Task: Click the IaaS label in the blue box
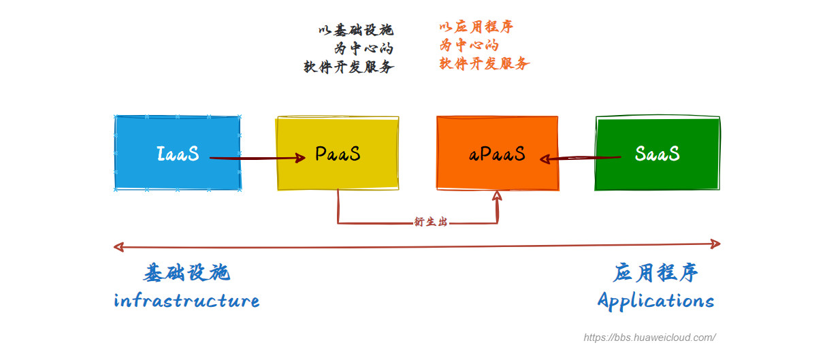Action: pyautogui.click(x=178, y=154)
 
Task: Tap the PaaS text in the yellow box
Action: pyautogui.click(x=338, y=154)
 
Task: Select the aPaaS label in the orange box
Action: pyautogui.click(x=497, y=154)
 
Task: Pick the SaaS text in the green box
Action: pyautogui.click(x=657, y=153)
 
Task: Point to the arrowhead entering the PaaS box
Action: pyautogui.click(x=299, y=158)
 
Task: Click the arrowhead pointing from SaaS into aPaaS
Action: pyautogui.click(x=545, y=159)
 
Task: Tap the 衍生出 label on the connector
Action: pyautogui.click(x=430, y=222)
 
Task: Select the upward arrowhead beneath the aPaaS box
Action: pyautogui.click(x=497, y=196)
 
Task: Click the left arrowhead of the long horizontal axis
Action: pyautogui.click(x=118, y=247)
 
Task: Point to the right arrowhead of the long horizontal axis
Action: pyautogui.click(x=715, y=244)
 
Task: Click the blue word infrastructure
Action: pyautogui.click(x=187, y=301)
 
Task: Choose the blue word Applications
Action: pyautogui.click(x=656, y=301)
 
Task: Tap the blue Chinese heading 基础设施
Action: pyautogui.click(x=187, y=273)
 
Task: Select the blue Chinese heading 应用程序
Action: pyautogui.click(x=655, y=273)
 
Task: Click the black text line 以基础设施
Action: pyautogui.click(x=356, y=30)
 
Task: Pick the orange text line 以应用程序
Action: pyautogui.click(x=476, y=27)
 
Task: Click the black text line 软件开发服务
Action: pyautogui.click(x=349, y=67)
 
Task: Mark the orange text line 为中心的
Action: pyautogui.click(x=469, y=45)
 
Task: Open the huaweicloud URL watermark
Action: pyautogui.click(x=650, y=338)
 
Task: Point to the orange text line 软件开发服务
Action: pyautogui.click(x=485, y=63)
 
